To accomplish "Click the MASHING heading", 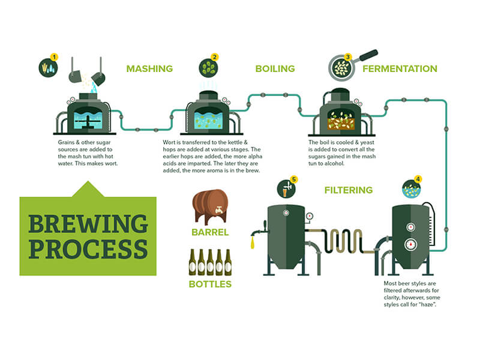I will point(149,69).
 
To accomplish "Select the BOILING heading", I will point(275,69).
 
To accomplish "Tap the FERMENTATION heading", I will point(399,69).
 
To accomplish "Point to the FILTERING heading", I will point(349,191).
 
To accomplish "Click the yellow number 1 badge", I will point(55,57).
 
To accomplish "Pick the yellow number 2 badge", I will point(214,58).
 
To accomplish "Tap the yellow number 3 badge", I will point(347,58).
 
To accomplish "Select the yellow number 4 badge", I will point(418,179).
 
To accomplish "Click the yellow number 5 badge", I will point(293,179).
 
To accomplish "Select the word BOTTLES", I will point(210,283).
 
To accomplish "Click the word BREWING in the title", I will point(88,224).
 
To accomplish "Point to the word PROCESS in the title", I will point(88,248).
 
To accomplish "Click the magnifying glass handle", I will point(367,55).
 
